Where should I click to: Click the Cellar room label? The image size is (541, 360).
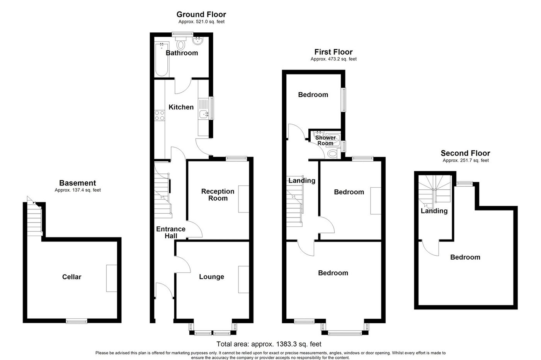tap(72, 277)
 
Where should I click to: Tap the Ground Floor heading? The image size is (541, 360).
tap(201, 15)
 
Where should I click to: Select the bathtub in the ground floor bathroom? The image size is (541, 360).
tap(161, 60)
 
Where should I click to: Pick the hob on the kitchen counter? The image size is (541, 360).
tap(159, 115)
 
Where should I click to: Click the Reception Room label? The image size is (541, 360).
tap(218, 195)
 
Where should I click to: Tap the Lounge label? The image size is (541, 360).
tap(211, 277)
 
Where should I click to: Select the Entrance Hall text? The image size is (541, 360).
tap(170, 232)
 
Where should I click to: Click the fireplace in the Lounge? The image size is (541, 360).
tap(243, 280)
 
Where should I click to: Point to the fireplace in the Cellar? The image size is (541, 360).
tap(112, 278)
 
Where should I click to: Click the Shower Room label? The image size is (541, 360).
tap(325, 140)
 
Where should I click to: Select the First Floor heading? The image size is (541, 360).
tap(333, 52)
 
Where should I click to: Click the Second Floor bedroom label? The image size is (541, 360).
tap(465, 257)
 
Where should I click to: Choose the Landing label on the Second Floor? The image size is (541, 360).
tap(434, 211)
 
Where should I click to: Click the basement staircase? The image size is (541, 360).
tap(34, 219)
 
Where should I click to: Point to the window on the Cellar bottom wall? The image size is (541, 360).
tap(76, 321)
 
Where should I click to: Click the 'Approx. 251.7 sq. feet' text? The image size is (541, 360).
tap(465, 160)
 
